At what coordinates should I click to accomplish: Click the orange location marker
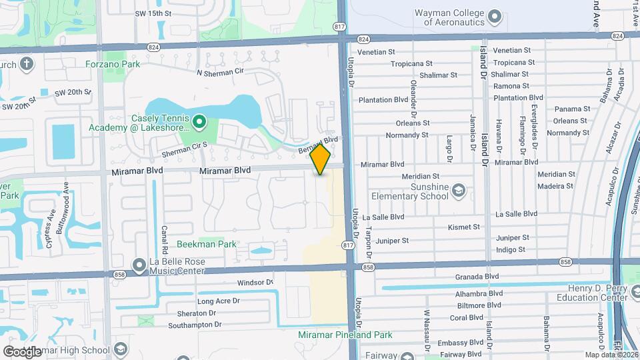coord(321,159)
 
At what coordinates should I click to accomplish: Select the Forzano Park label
coord(113,64)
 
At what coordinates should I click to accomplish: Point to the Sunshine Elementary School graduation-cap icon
coord(459,191)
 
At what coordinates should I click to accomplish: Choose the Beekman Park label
coord(207,244)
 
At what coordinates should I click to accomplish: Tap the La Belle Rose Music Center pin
coord(139,265)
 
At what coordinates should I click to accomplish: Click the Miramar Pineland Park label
coord(345,335)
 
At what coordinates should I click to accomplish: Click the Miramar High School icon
coord(121,350)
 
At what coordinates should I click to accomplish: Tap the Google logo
coord(22,351)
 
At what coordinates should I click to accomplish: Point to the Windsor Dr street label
coord(255,283)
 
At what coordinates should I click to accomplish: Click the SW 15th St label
coord(153,13)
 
